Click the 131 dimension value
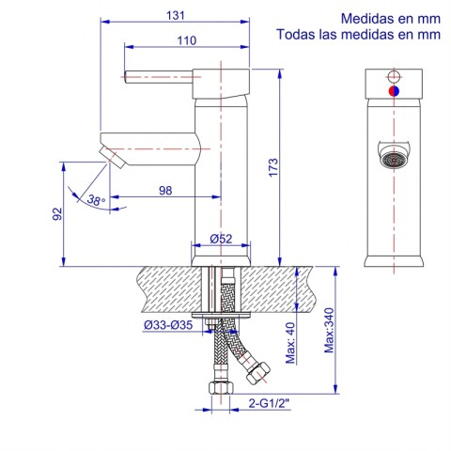176,15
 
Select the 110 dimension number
187,40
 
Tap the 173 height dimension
273,167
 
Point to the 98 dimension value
165,190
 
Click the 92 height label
57,214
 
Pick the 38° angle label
96,200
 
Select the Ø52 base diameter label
221,239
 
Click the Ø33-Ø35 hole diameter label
168,325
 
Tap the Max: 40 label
290,343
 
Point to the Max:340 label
329,331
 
